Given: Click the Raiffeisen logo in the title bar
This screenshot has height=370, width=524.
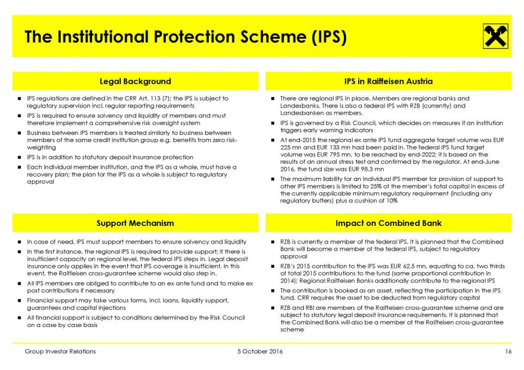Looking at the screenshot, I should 493,36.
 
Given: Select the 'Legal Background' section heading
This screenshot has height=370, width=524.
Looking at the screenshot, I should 135,81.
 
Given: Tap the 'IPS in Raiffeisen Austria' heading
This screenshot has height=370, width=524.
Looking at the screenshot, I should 389,81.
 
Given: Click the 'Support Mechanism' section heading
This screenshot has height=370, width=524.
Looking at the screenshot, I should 135,223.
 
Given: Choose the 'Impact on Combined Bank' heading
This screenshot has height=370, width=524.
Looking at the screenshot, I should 389,223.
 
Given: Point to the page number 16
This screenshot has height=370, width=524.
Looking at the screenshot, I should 508,352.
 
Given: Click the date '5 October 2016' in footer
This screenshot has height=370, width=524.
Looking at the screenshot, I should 260,352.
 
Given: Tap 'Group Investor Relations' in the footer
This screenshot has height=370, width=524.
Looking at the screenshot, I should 60,352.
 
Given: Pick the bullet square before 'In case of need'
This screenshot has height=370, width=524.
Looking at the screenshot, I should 19,242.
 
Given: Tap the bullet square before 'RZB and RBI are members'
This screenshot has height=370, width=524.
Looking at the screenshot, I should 272,308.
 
